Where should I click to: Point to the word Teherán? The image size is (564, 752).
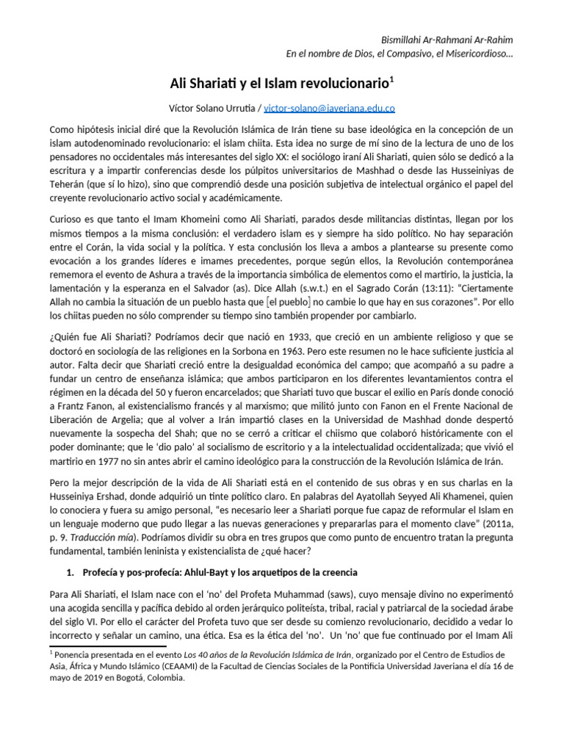(x=70, y=184)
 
